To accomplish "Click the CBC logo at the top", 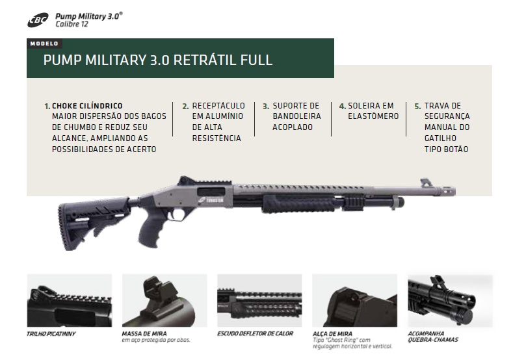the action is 38,20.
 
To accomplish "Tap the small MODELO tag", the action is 44,44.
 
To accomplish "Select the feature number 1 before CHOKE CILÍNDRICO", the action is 47,107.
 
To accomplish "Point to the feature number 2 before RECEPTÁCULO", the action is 185,107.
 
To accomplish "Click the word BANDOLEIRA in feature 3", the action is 296,116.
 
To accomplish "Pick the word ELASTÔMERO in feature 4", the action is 373,116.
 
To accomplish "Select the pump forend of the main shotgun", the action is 298,204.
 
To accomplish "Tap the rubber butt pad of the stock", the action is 62,226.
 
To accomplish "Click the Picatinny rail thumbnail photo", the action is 70,301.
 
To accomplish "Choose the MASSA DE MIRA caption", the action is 144,333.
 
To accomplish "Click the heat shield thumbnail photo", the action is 259,301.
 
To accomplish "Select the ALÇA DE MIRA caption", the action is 332,334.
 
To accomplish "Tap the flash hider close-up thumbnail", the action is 450,301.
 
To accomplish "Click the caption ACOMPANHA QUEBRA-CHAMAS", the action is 433,337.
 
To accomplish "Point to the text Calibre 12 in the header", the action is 72,24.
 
